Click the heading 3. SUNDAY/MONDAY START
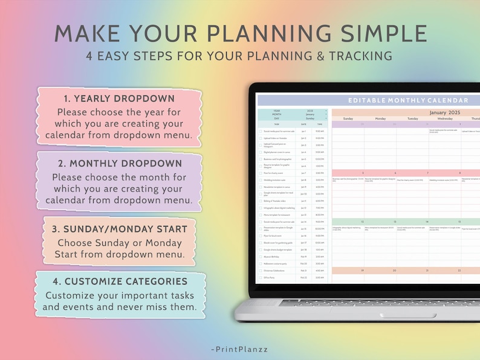click(119, 229)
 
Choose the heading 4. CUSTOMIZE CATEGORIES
click(119, 281)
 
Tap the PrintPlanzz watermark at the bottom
click(240, 349)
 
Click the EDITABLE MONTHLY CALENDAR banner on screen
click(408, 100)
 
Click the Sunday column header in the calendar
click(348, 118)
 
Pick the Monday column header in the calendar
click(380, 118)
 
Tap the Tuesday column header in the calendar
click(412, 118)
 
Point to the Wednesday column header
click(444, 118)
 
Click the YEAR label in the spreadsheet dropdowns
click(276, 111)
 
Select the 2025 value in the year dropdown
click(310, 111)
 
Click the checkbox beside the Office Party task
click(261, 277)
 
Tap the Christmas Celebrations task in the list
click(277, 271)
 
